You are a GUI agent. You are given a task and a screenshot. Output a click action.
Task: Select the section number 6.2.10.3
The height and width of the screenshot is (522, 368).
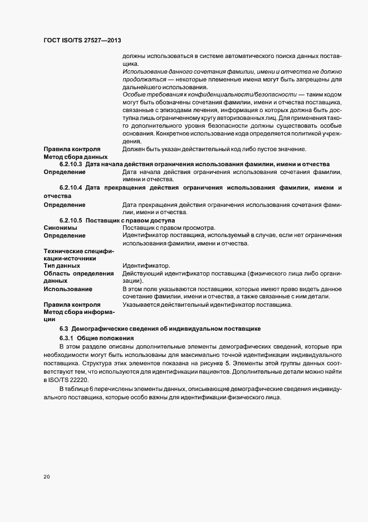[x=71, y=164]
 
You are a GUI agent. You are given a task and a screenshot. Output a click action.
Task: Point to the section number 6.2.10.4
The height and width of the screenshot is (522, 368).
[x=71, y=187]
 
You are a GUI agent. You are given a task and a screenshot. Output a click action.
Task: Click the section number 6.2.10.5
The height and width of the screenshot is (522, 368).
[x=71, y=220]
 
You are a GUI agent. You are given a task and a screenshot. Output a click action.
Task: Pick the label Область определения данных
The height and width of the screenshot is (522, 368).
[x=78, y=277]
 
